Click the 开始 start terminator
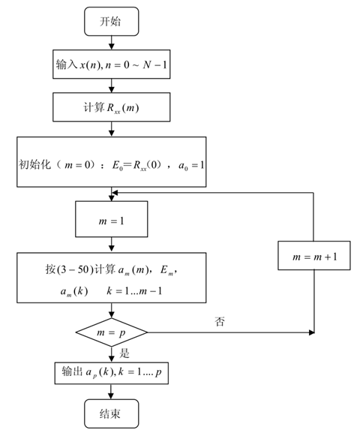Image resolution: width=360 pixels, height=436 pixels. pos(110,23)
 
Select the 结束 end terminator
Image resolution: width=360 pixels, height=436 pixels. pos(110,412)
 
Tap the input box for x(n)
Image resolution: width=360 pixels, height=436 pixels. pos(110,65)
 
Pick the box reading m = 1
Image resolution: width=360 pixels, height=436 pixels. pos(111,221)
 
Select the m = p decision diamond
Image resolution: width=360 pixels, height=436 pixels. pos(111,330)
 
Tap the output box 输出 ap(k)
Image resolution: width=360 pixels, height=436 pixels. pos(110,372)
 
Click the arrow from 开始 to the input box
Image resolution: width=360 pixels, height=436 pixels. pos(110,43)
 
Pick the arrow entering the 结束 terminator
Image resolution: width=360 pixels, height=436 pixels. pos(111,392)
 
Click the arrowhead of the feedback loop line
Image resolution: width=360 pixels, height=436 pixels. pos(114,193)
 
